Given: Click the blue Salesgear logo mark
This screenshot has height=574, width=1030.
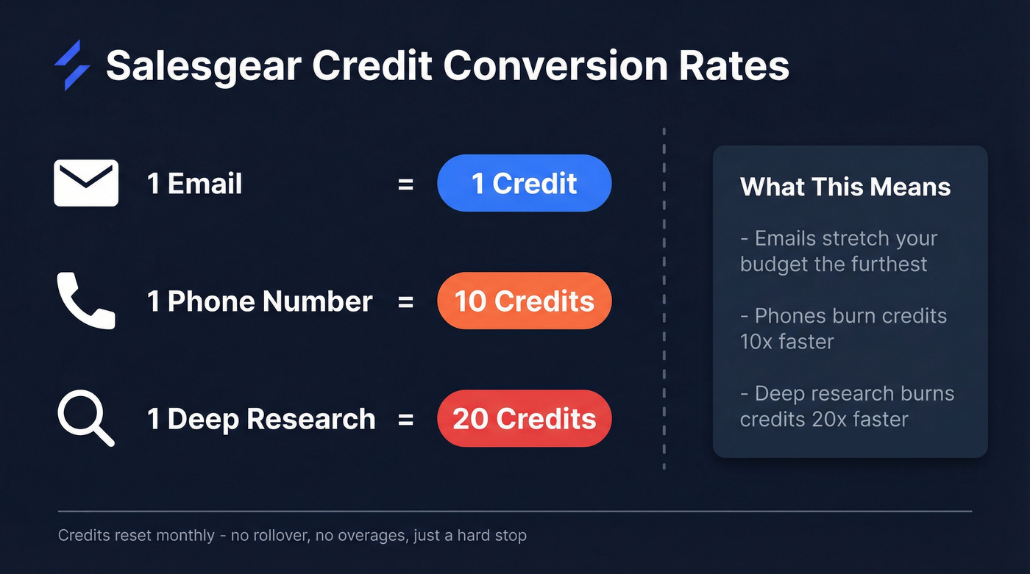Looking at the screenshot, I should click(72, 65).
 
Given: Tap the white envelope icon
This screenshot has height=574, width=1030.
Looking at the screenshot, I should click(86, 183).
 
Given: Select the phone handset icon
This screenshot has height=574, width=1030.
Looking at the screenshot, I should click(86, 301).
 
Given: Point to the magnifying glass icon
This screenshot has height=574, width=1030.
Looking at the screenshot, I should click(86, 418).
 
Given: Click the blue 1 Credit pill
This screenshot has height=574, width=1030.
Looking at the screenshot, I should click(524, 183).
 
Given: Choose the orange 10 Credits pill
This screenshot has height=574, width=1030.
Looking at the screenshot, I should click(524, 301).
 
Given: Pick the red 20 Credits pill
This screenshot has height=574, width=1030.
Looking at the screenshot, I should click(524, 418).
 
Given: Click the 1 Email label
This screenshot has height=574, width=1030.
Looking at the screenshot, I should click(194, 183).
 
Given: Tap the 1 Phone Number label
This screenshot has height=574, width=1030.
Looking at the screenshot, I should click(260, 301).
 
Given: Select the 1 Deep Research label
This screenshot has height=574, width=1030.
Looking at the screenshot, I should click(261, 419).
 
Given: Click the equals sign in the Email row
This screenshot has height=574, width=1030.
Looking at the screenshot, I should click(405, 184).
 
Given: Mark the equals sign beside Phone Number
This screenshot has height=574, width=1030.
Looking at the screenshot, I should click(405, 301).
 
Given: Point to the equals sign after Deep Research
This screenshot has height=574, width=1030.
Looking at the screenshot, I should click(405, 419).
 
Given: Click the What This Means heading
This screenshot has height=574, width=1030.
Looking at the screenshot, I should click(845, 187).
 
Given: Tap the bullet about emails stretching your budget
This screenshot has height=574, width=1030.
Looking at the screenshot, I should click(839, 251).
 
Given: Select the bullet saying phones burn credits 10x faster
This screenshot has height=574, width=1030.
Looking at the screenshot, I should click(843, 329).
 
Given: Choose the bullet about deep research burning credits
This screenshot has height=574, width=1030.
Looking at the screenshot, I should click(847, 406).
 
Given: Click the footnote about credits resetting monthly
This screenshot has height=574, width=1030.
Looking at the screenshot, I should click(292, 535).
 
